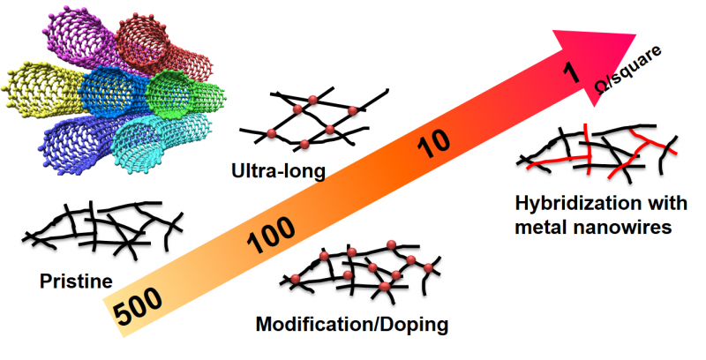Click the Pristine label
(76, 282)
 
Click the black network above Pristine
(101, 228)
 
